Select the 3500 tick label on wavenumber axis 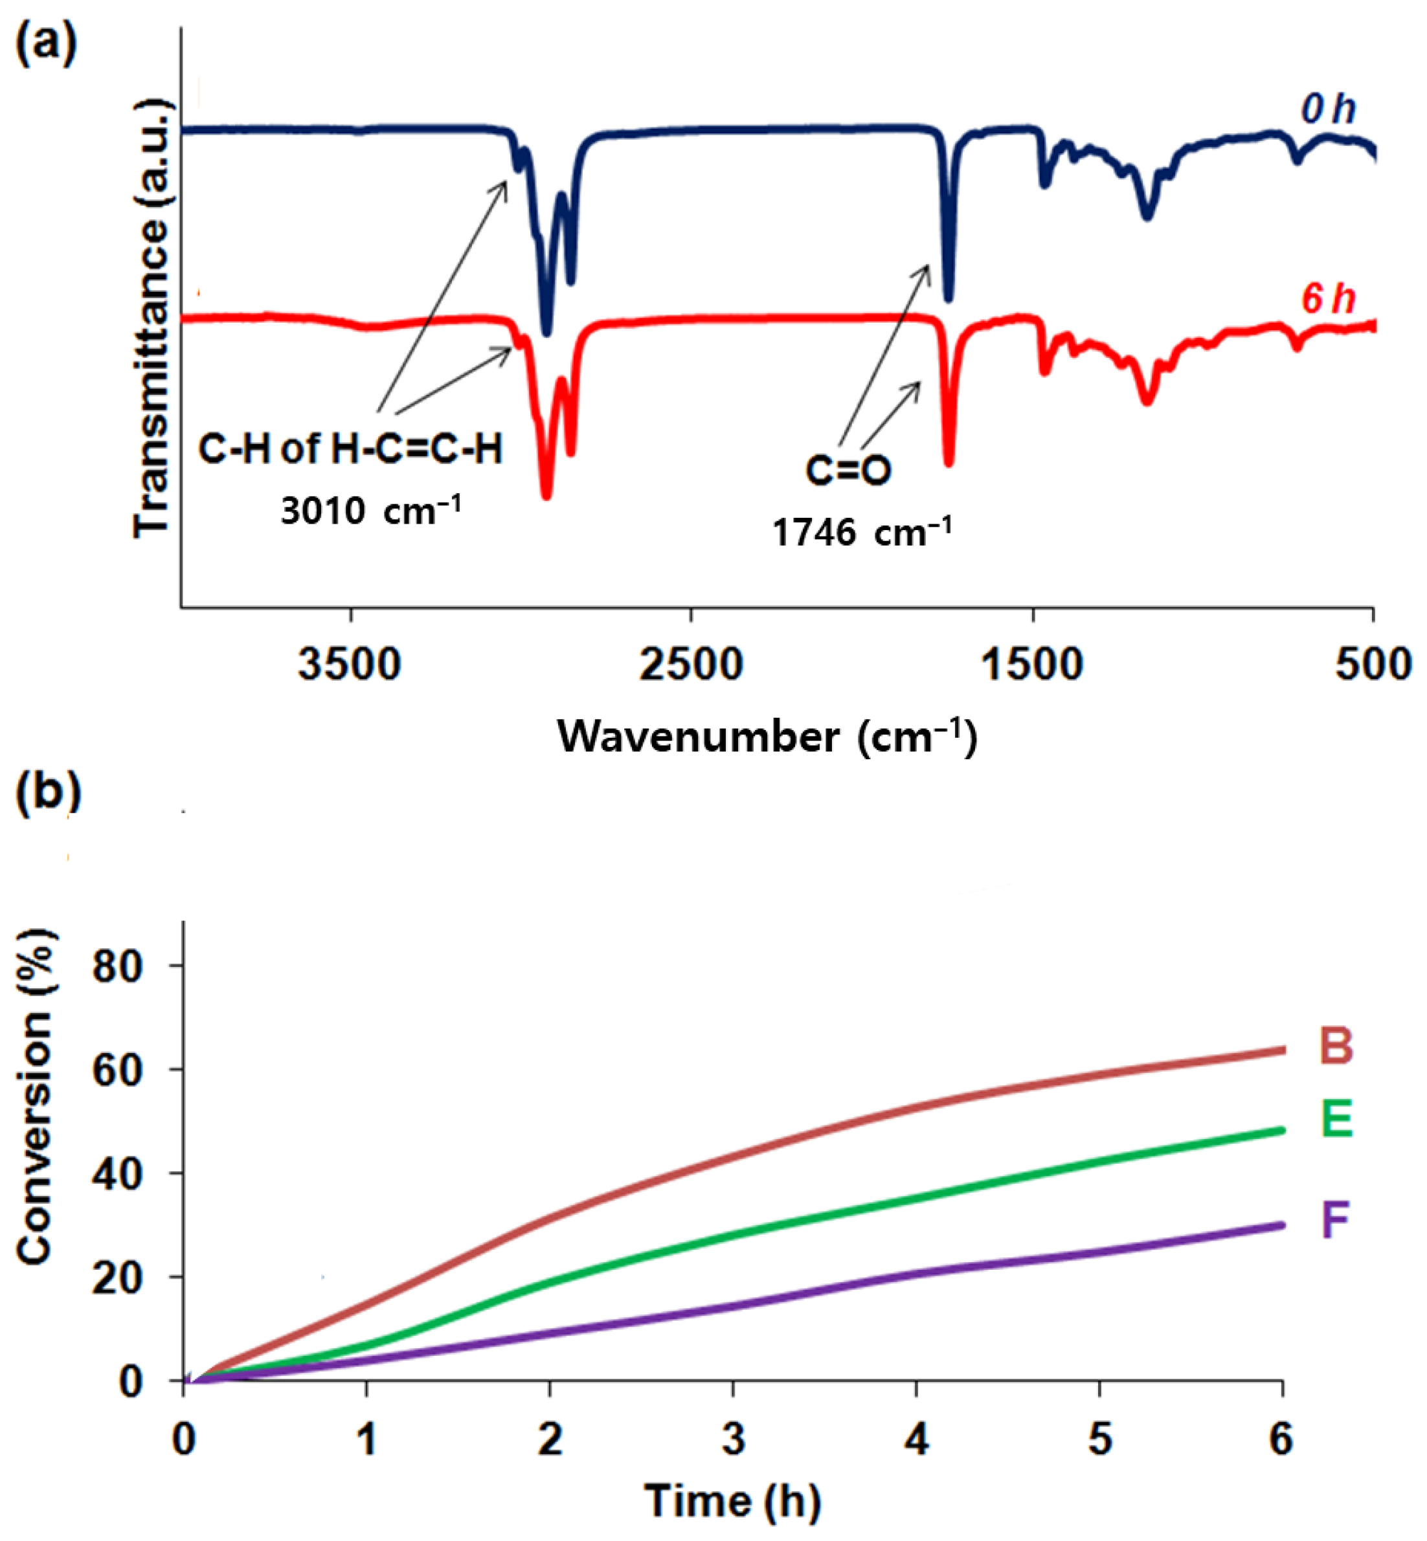click(x=350, y=664)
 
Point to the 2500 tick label click(x=690, y=664)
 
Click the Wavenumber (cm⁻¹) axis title click(x=767, y=737)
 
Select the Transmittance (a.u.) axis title click(x=152, y=317)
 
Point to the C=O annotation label click(x=848, y=470)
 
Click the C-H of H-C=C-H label click(x=350, y=448)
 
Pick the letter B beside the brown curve click(x=1335, y=1046)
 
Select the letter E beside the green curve click(x=1336, y=1120)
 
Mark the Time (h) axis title click(x=733, y=1502)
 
